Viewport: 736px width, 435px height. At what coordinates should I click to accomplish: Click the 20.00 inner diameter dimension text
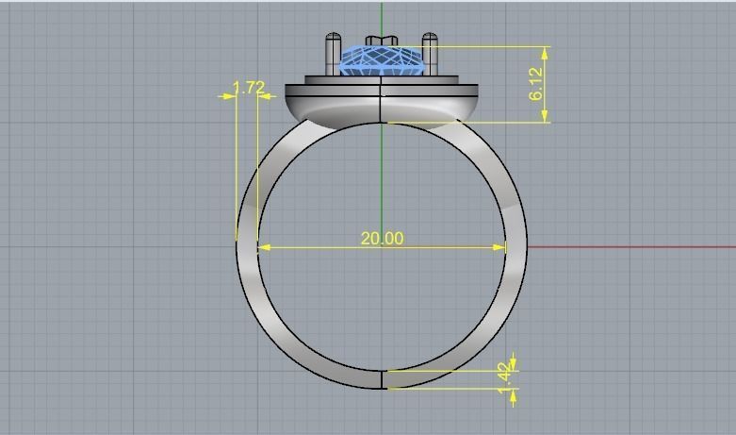pos(382,239)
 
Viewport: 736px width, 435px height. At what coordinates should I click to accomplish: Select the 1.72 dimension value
pos(249,88)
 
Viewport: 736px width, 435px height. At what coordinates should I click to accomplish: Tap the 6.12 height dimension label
pos(536,84)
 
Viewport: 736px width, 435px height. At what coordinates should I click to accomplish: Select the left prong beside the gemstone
pos(334,54)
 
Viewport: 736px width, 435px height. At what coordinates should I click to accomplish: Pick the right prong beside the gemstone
pos(430,54)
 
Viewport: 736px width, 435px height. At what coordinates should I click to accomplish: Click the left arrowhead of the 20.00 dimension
pos(264,247)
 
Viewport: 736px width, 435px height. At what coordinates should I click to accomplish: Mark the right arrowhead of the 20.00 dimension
pos(499,247)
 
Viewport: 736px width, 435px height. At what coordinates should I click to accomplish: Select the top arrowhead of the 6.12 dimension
pos(545,52)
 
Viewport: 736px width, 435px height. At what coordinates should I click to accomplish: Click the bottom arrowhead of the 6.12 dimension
pos(545,116)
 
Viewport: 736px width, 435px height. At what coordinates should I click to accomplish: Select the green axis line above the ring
pos(382,17)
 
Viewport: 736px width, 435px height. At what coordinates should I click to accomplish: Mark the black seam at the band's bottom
pos(382,379)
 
